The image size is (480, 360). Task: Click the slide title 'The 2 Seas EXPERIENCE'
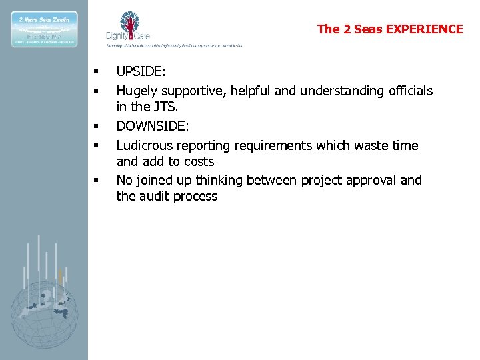pyautogui.click(x=389, y=29)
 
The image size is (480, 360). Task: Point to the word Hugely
pyautogui.click(x=136, y=91)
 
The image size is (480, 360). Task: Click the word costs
pyautogui.click(x=198, y=161)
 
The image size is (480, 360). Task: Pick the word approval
pyautogui.click(x=375, y=180)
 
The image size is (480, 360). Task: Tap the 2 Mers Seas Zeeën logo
pyautogui.click(x=43, y=29)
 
